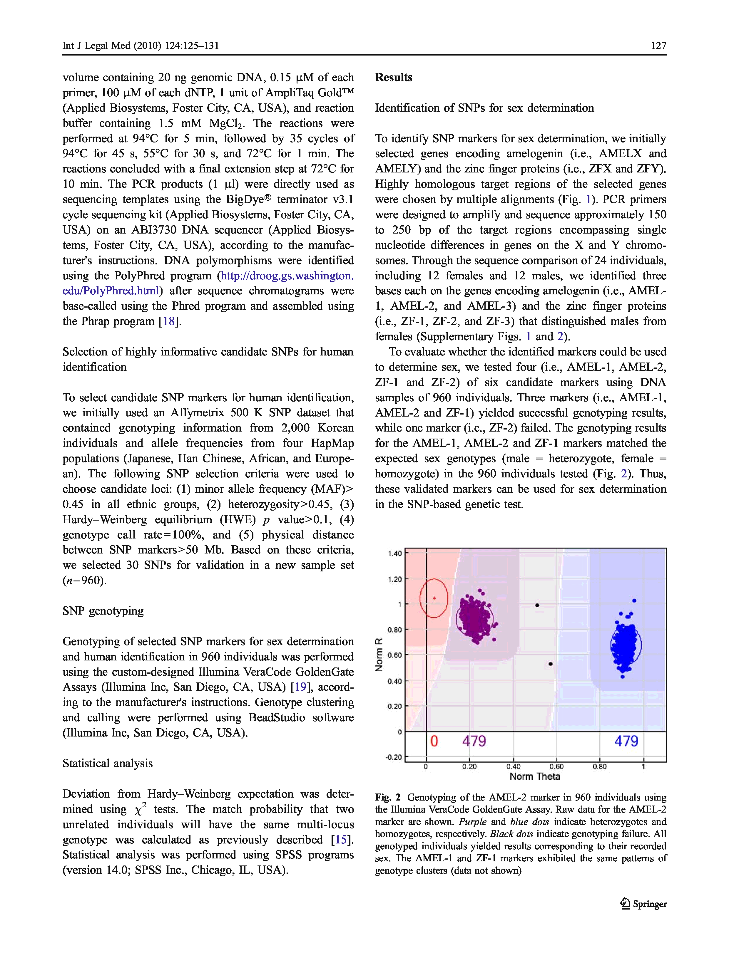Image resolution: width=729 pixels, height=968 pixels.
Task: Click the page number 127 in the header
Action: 658,46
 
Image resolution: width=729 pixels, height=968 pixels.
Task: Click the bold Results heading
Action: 393,78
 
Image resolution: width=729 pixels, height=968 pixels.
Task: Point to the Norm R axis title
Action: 379,655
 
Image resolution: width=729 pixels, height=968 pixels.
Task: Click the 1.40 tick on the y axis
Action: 394,553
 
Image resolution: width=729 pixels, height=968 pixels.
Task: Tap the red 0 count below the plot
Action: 434,741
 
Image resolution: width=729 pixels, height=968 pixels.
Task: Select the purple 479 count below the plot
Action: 474,741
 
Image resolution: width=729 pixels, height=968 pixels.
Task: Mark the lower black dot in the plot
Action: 550,664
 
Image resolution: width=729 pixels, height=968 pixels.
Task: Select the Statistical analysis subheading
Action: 108,764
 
